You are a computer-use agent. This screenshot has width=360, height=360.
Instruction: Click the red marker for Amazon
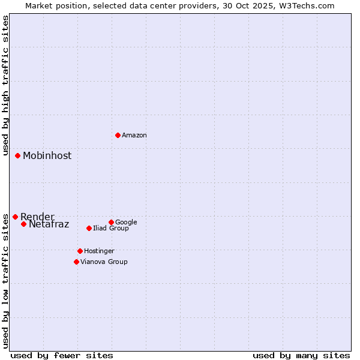pos(118,135)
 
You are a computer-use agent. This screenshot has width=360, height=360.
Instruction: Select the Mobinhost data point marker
pos(17,155)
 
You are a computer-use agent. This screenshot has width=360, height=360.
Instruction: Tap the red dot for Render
pos(15,217)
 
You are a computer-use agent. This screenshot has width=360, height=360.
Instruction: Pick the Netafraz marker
pos(23,224)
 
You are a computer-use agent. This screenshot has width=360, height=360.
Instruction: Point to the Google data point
pos(111,222)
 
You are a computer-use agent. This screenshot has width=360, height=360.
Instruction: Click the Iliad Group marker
pos(89,228)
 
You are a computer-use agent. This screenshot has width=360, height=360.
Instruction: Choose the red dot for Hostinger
pos(80,251)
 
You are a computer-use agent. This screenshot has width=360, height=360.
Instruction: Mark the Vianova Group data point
pos(76,262)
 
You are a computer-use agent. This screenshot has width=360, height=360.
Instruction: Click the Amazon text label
pos(134,136)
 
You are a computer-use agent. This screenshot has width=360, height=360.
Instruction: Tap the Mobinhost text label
pos(47,156)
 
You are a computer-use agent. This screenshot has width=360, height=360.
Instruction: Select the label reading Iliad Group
pos(111,229)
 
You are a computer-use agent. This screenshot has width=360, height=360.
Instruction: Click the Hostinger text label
pos(99,251)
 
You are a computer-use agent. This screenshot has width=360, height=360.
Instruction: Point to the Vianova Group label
pos(104,262)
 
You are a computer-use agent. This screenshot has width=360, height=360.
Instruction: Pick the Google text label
pos(126,223)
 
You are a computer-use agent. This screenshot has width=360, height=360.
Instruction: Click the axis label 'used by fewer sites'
pos(62,356)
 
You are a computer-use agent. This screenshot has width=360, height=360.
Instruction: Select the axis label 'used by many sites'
pos(301,356)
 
